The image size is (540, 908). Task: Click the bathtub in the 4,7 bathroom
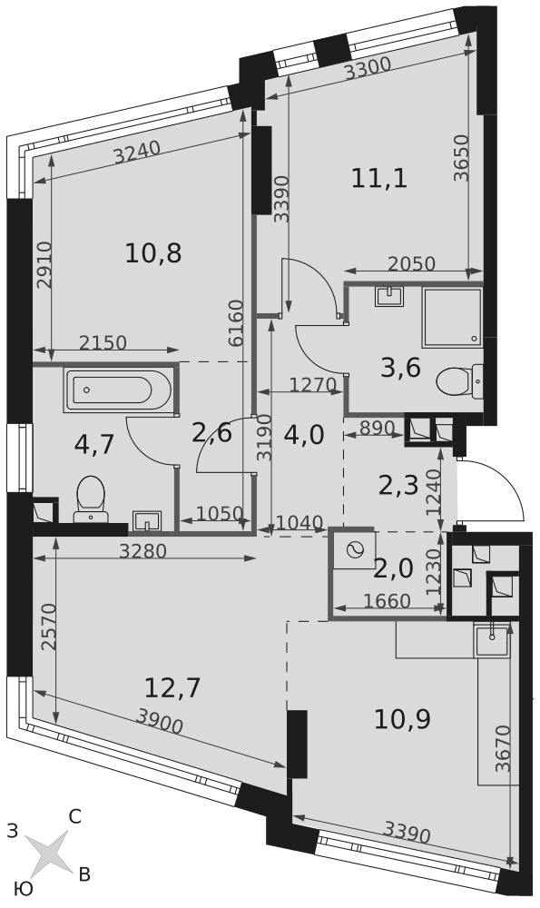119,390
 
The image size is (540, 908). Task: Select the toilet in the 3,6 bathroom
459,382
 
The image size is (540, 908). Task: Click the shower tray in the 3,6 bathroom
452,318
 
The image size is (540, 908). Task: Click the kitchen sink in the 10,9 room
492,640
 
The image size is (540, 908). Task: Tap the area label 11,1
379,178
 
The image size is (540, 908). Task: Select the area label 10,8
153,253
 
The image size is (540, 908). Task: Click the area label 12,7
172,688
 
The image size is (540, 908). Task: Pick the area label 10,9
402,720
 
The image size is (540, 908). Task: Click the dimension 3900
159,722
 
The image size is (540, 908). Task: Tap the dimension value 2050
411,264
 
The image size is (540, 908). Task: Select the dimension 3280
142,551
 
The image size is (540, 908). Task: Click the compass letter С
74,817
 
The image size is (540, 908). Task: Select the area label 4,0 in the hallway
304,436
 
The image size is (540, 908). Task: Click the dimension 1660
388,601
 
